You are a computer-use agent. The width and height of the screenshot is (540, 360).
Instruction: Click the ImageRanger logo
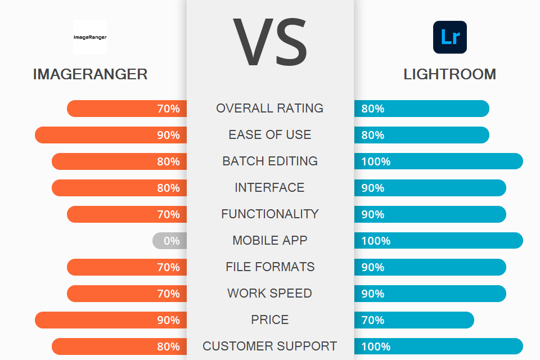[90, 37]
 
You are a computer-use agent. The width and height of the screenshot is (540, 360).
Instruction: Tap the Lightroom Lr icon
[449, 37]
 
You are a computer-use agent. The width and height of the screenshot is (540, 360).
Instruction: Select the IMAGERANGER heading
[90, 74]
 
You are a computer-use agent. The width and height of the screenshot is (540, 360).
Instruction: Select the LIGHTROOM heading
[449, 74]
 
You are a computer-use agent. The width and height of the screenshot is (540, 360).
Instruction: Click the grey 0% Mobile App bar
[169, 241]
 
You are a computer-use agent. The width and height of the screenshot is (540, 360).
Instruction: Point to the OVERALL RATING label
[270, 109]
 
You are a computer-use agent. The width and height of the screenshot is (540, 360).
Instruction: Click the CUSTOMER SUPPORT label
[270, 346]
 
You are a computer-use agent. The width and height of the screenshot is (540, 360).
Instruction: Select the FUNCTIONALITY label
[270, 214]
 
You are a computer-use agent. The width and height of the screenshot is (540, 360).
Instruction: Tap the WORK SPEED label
[270, 294]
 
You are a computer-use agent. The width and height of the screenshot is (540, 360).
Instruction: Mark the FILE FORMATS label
[270, 267]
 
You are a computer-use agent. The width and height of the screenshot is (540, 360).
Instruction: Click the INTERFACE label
[270, 188]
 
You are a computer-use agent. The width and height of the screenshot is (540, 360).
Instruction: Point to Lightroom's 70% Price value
[372, 320]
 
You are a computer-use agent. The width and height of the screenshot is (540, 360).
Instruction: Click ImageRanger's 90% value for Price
[168, 320]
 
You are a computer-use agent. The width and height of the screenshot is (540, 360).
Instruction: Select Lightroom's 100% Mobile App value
[376, 241]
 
